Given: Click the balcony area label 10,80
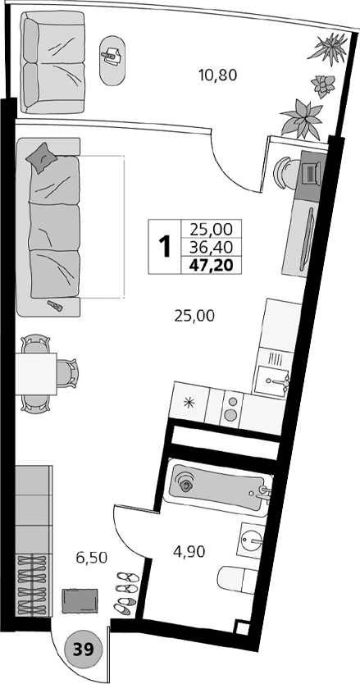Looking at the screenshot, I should [x=217, y=76].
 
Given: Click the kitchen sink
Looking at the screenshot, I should [x=273, y=380].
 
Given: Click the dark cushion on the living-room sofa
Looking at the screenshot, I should [x=43, y=157].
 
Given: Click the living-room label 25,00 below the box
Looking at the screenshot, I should [x=194, y=314].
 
